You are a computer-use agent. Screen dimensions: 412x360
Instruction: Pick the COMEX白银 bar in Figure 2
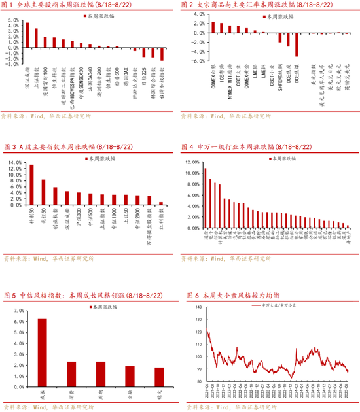[x=213, y=27]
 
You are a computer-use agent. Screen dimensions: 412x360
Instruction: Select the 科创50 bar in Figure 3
[x=31, y=185]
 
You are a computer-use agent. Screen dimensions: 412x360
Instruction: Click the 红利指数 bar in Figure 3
[x=162, y=204]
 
